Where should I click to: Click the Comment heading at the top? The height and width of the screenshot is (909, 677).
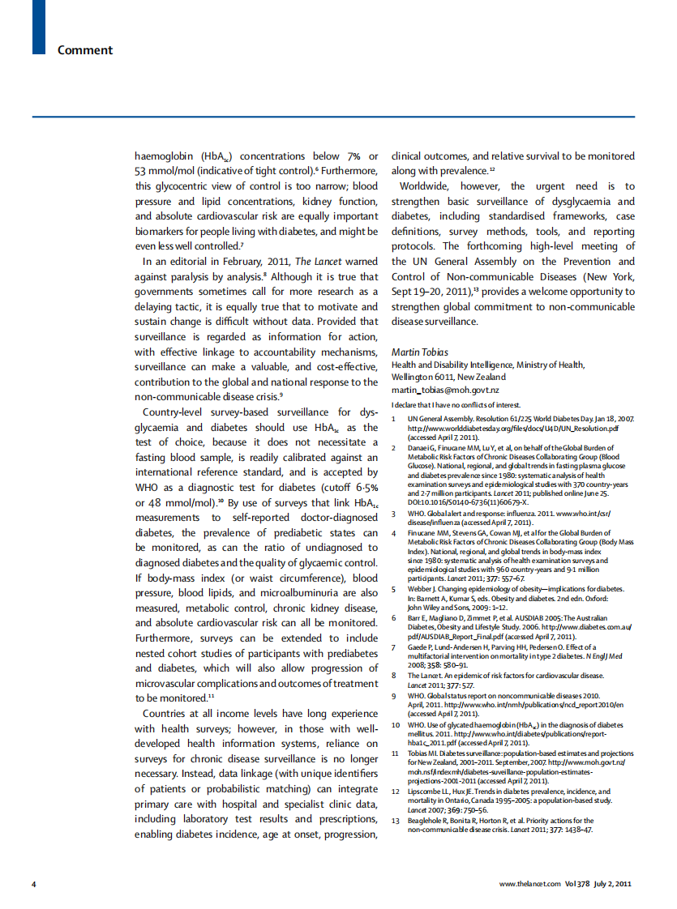pyautogui.click(x=84, y=50)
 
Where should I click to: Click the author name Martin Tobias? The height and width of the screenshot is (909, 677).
pyautogui.click(x=418, y=352)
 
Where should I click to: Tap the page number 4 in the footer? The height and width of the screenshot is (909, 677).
pyautogui.click(x=33, y=883)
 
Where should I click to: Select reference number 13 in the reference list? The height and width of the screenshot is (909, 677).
pyautogui.click(x=396, y=821)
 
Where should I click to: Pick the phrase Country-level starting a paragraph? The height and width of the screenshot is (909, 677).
pyautogui.click(x=177, y=412)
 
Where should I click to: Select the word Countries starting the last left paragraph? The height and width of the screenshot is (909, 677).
pyautogui.click(x=169, y=714)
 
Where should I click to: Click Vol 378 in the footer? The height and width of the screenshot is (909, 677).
pyautogui.click(x=576, y=883)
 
